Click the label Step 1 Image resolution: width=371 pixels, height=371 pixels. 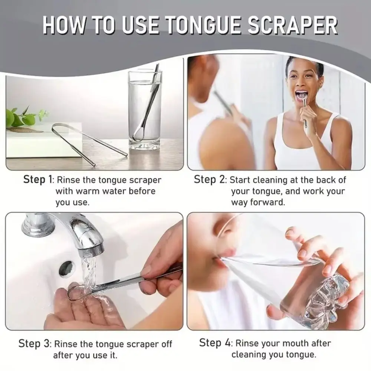(x=38, y=180)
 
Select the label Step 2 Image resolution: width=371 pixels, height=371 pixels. (x=210, y=180)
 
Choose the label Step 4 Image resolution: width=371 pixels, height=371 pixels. (x=215, y=342)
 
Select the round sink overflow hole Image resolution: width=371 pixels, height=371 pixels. (x=66, y=267)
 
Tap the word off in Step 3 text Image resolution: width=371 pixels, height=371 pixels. (x=164, y=344)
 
